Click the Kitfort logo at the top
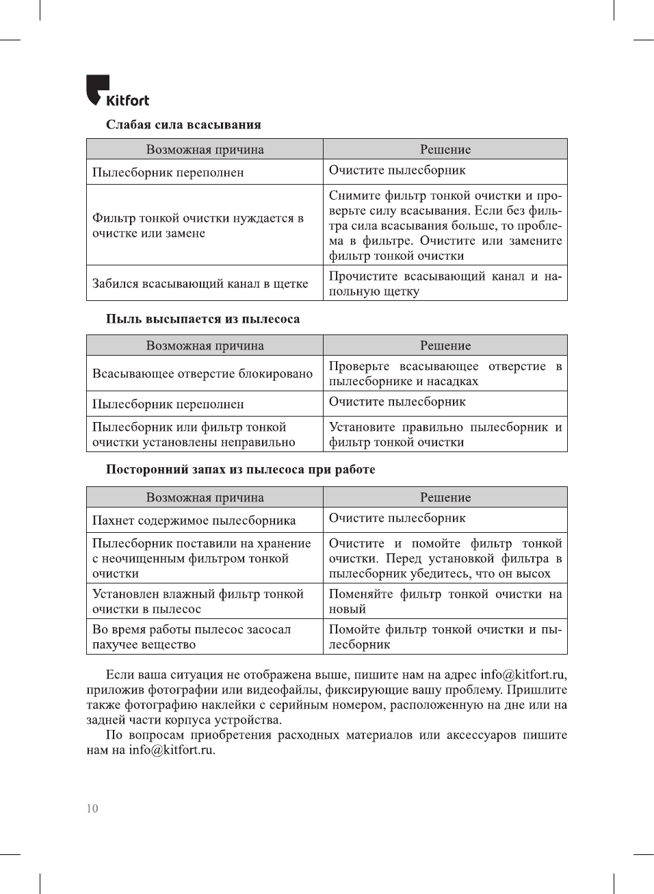click(118, 91)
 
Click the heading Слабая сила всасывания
click(183, 124)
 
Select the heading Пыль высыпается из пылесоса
click(202, 319)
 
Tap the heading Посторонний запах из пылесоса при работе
click(240, 469)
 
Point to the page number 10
click(92, 808)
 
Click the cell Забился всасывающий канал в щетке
click(200, 283)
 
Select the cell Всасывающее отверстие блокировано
click(202, 373)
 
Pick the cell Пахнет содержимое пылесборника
click(194, 521)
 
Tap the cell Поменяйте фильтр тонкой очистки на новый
click(445, 601)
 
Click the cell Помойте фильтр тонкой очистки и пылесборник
click(445, 637)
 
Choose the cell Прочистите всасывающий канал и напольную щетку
click(445, 283)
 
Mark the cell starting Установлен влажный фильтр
click(198, 601)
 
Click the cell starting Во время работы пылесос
click(192, 637)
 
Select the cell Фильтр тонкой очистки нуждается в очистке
click(198, 225)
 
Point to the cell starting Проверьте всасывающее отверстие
click(445, 373)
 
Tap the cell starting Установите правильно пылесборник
click(445, 434)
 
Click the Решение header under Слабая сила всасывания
click(445, 149)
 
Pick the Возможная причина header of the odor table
click(205, 497)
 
